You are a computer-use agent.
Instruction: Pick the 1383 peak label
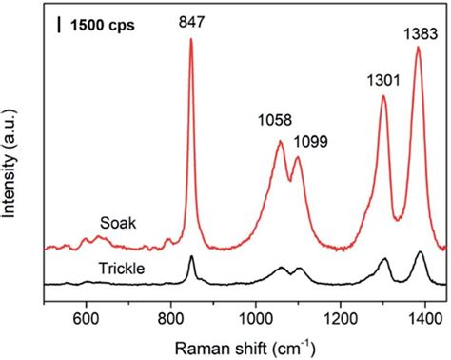point(417,33)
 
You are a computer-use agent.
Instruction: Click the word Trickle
point(122,270)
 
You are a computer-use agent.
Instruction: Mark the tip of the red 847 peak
point(191,39)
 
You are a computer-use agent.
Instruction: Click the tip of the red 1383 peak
point(418,48)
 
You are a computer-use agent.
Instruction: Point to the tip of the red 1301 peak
point(383,95)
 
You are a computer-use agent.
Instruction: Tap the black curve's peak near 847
point(191,257)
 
